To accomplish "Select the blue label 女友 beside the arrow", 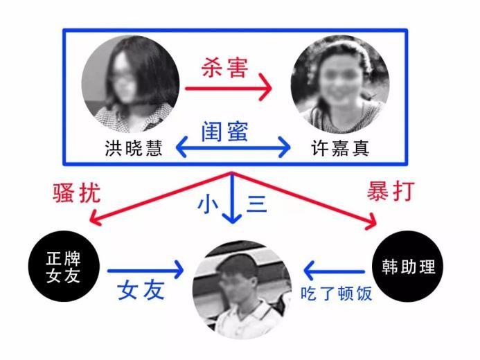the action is tap(141, 290).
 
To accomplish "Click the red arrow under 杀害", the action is tap(228, 89).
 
